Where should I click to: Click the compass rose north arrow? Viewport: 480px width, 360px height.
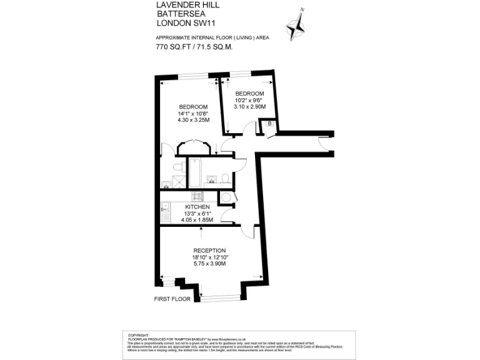tap(296, 26)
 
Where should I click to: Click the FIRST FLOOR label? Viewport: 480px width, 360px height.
tap(172, 299)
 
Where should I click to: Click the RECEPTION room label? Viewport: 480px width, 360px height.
tap(209, 251)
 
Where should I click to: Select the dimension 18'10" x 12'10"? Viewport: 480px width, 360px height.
tap(209, 257)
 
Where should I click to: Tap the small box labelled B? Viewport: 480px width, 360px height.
tap(269, 124)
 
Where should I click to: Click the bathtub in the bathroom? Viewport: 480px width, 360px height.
tap(194, 174)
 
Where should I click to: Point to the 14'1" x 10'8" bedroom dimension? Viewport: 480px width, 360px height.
tap(193, 113)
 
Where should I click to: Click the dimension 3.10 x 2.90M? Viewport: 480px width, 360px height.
tap(249, 107)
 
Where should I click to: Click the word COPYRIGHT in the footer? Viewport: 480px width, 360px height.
tap(138, 334)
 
